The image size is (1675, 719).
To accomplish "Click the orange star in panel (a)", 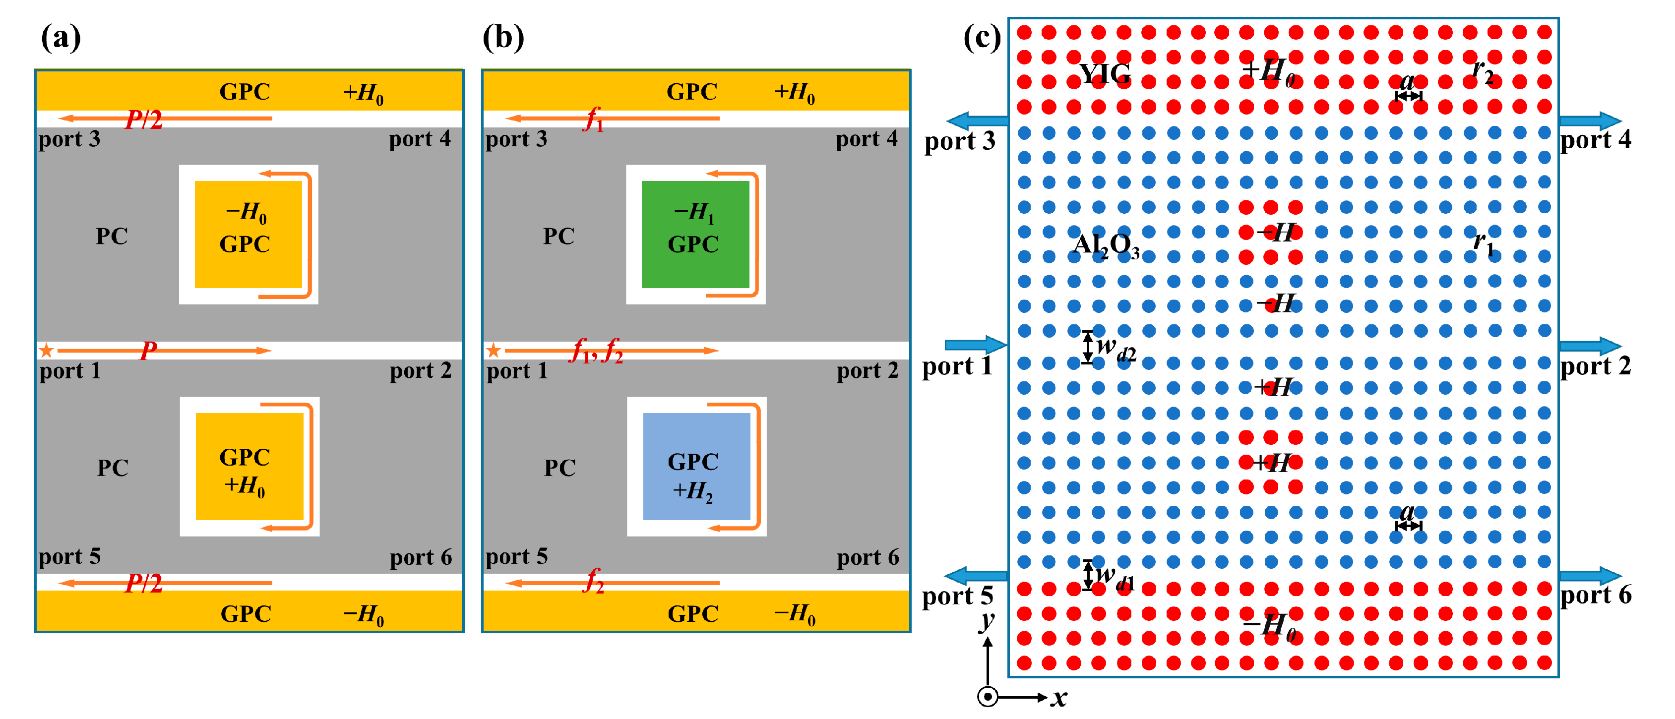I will coord(46,351).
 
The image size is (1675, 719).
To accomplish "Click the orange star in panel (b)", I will coord(494,351).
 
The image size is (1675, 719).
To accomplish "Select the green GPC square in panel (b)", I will coord(695,235).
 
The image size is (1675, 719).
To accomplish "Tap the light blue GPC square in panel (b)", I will coord(696,466).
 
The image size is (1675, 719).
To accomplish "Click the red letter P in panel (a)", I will coord(149,351).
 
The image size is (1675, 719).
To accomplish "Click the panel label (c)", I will coord(982,37).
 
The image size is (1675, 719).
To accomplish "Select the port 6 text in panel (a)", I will coord(421,557).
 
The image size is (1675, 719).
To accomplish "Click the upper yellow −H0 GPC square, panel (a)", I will coord(248,235).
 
